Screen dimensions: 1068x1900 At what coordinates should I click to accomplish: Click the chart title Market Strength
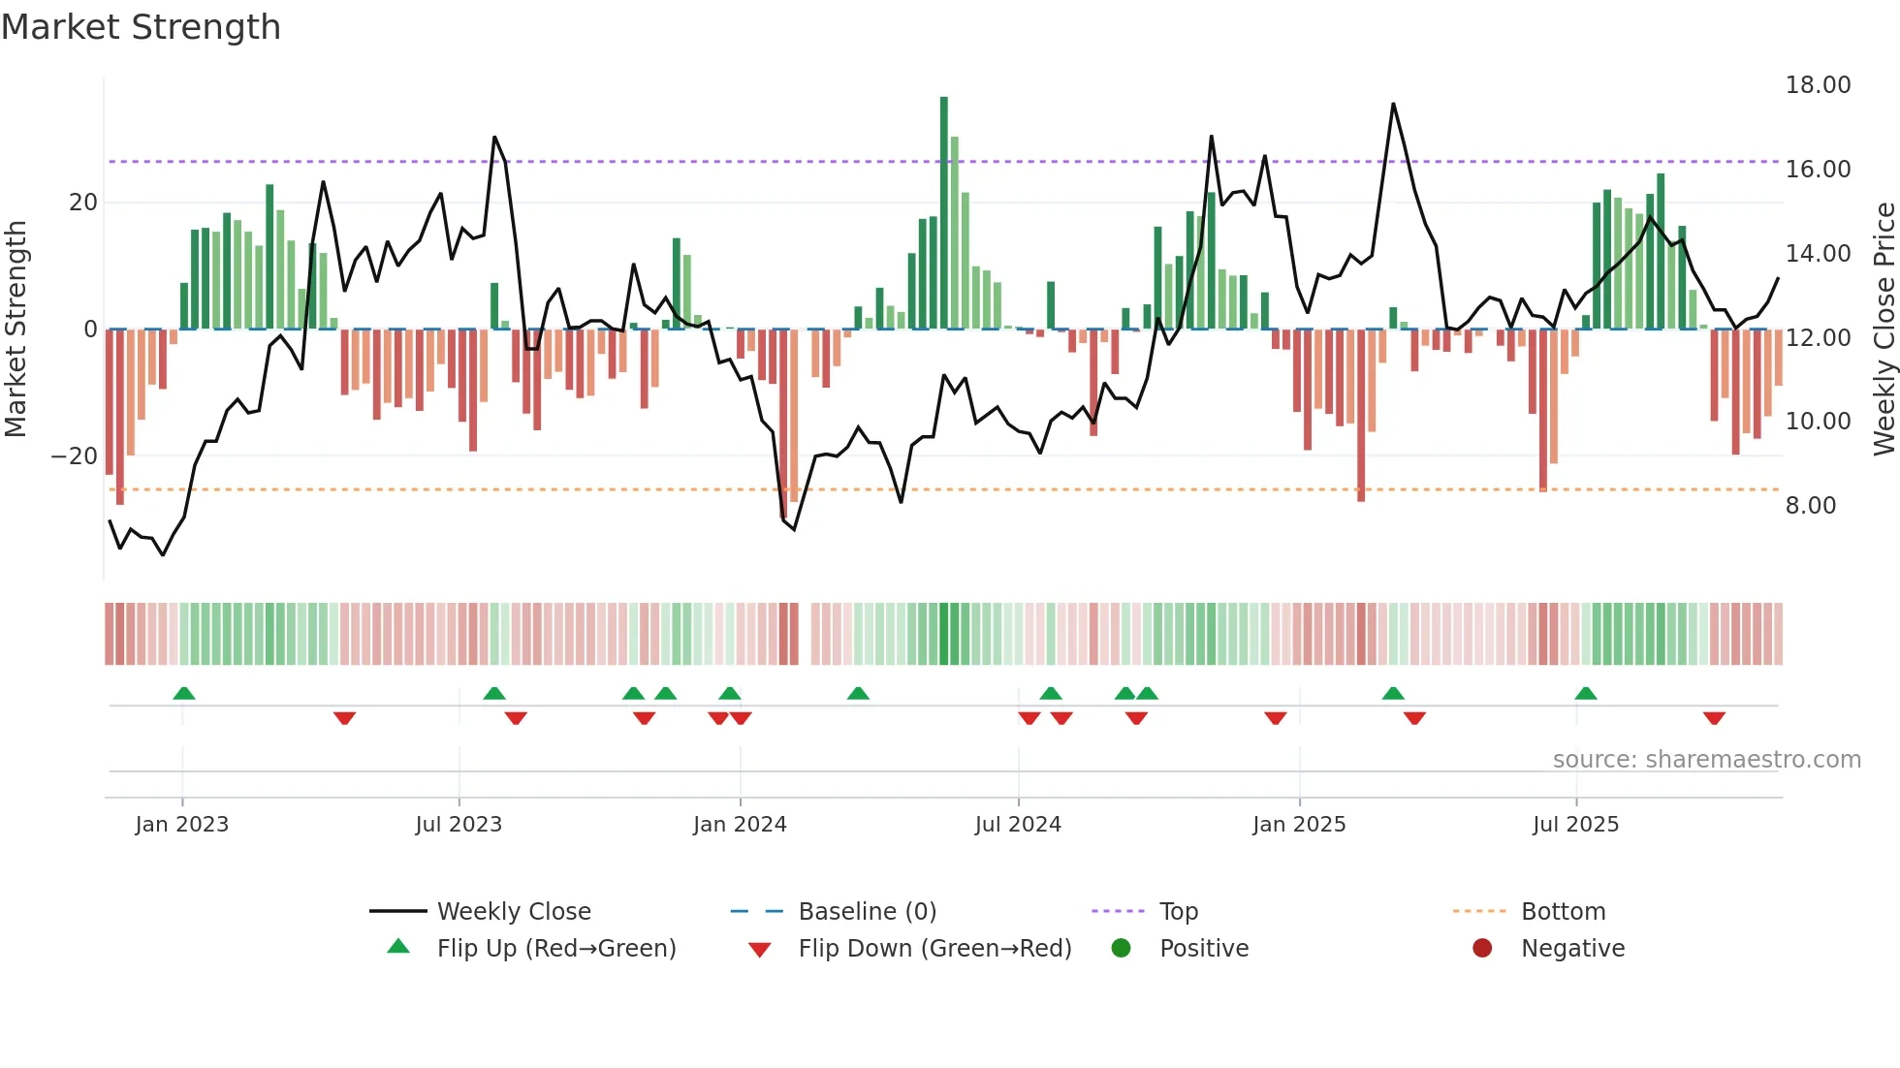pos(141,27)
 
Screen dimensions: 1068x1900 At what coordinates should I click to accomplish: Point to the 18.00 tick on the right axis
pos(1818,85)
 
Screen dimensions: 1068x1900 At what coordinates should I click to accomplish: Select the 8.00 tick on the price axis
pos(1810,506)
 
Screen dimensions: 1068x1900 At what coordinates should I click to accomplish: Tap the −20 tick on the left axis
pos(75,456)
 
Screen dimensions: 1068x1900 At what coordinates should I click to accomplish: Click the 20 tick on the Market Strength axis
pos(83,203)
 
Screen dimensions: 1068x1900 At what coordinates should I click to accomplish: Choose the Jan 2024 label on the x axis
pos(740,825)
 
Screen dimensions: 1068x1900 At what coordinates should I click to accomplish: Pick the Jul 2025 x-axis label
pos(1575,825)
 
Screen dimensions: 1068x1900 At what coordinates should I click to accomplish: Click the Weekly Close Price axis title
pos(1884,330)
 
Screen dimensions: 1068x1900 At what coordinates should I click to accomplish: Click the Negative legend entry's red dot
pos(1482,948)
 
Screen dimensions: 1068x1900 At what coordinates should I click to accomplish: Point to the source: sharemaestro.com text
pos(1706,760)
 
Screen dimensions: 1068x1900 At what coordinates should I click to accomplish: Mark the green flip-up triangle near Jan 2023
pos(184,693)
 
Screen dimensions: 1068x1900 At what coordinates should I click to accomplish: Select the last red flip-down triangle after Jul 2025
pos(1714,718)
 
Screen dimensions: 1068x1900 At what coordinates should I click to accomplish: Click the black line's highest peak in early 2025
pos(1393,105)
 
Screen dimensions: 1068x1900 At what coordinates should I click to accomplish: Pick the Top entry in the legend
pos(1178,912)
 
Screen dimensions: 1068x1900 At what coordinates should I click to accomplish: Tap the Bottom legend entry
pos(1563,912)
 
